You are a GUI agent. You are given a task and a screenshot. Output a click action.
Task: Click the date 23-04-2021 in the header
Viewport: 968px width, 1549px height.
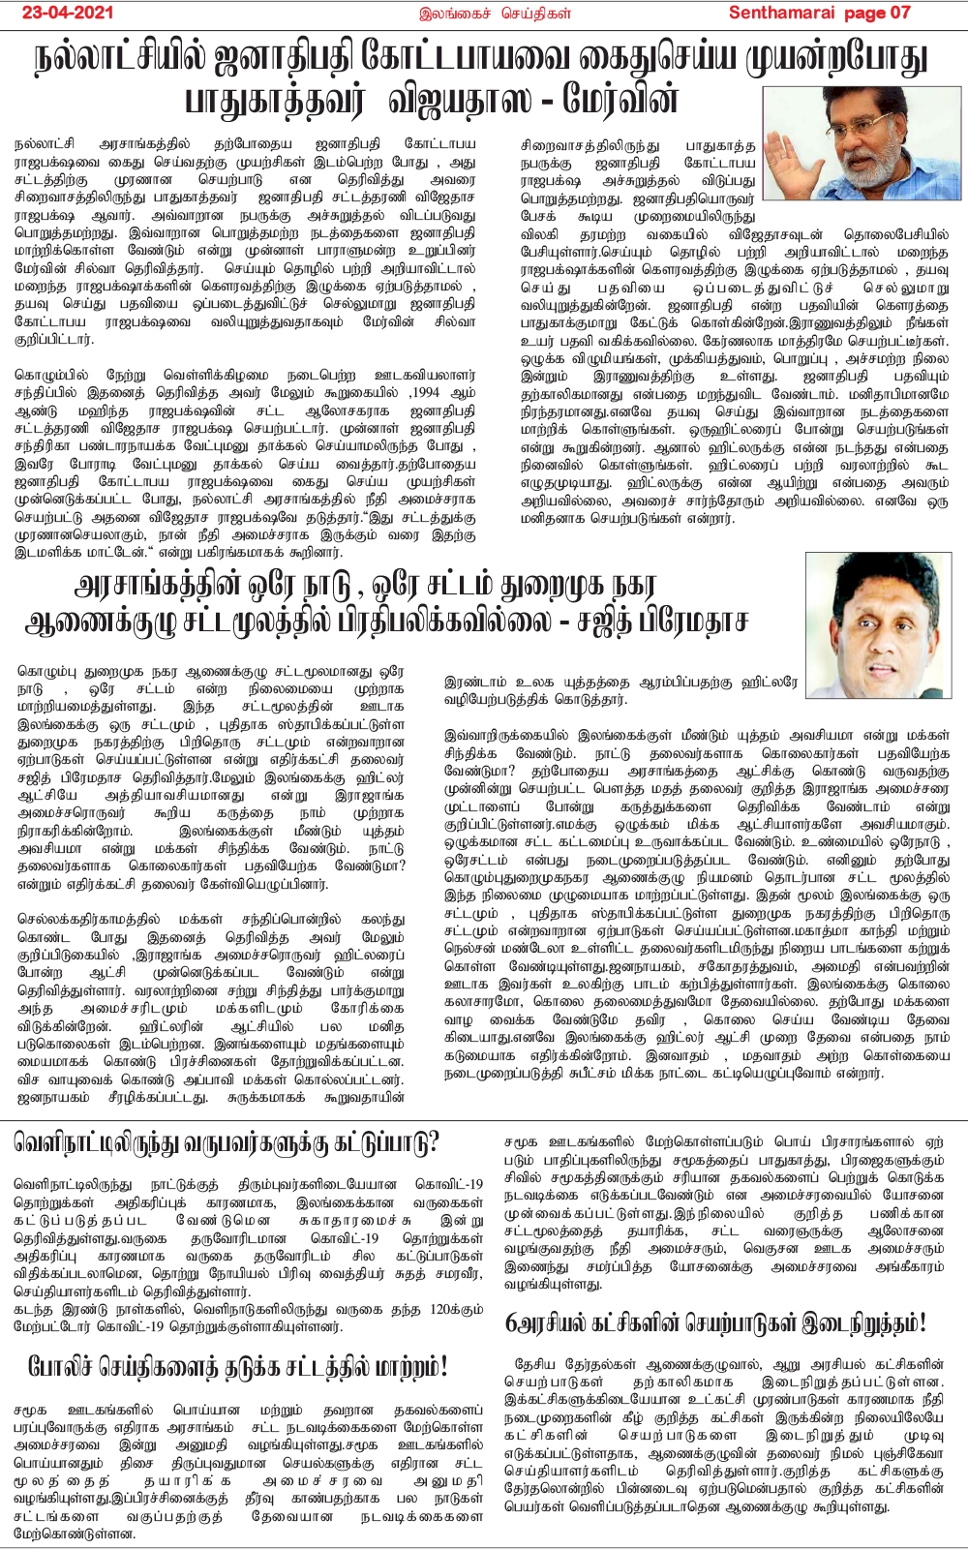(69, 13)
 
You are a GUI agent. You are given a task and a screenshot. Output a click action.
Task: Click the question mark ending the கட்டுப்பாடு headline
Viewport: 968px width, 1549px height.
(432, 1143)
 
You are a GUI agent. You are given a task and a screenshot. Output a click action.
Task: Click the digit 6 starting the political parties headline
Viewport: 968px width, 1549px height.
(511, 1322)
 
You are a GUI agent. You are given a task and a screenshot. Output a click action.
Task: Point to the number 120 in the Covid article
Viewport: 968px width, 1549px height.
(442, 1309)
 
